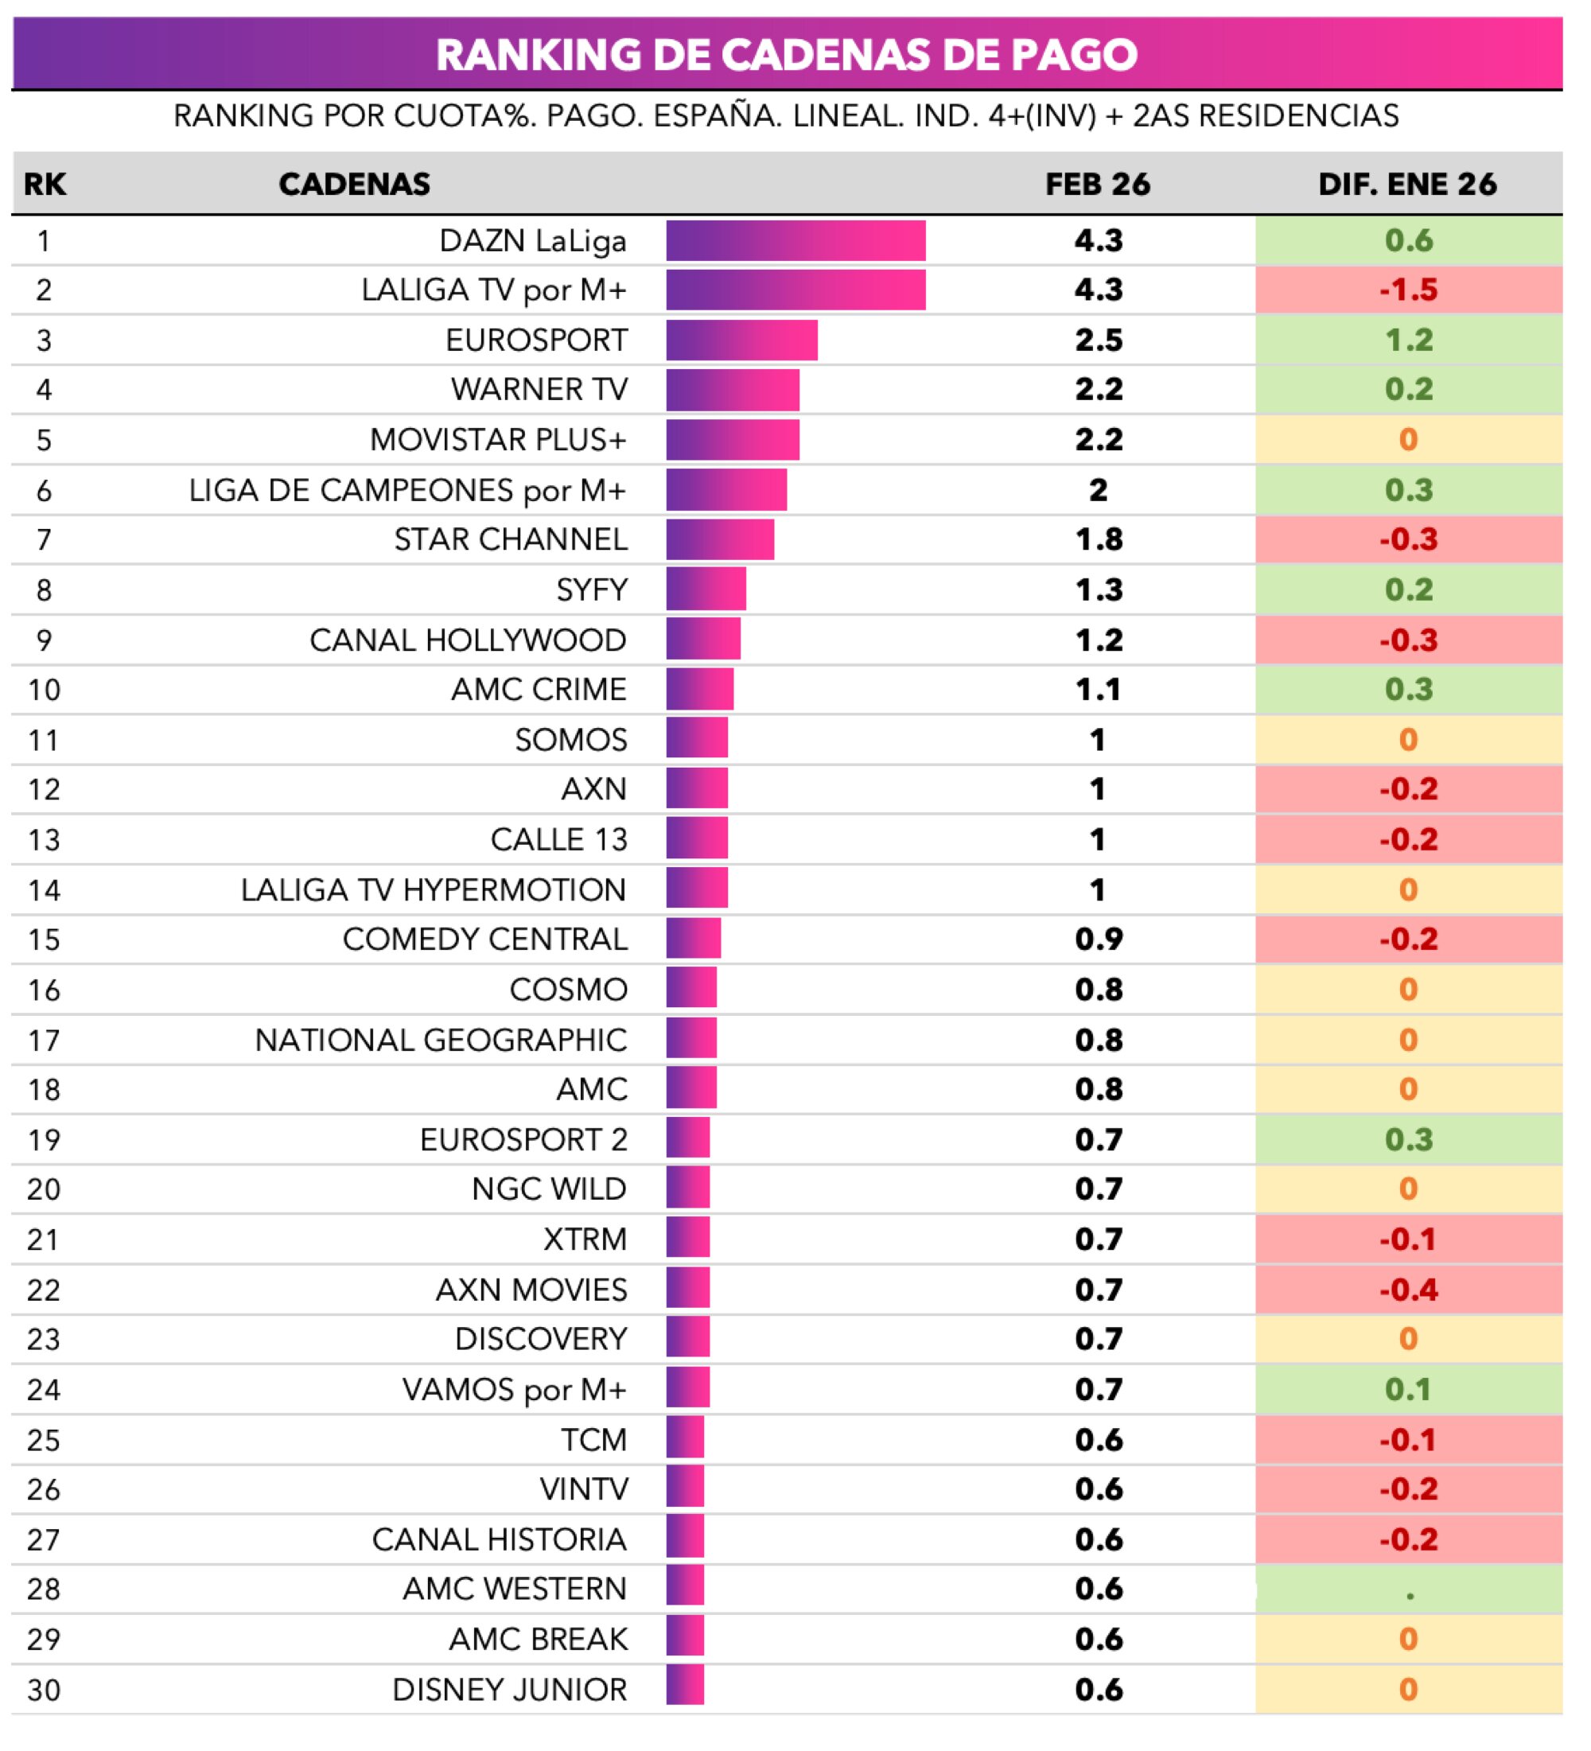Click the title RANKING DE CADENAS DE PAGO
coord(786,54)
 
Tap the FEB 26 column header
coord(1097,184)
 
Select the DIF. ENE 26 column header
coord(1407,184)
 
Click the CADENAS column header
coord(354,184)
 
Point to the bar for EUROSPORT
coord(741,340)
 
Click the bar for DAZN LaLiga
coord(795,240)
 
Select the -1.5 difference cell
coord(1408,290)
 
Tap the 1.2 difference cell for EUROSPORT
coord(1408,340)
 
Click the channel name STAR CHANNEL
coord(510,539)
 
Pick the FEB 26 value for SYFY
coord(1098,590)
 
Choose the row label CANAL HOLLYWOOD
coord(467,640)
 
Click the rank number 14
coord(44,890)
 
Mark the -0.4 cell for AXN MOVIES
coord(1408,1290)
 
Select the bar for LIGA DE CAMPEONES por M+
coord(726,490)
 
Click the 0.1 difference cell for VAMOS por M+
coord(1408,1390)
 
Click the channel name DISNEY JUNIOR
coord(509,1689)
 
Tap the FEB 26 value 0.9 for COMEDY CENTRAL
coord(1098,939)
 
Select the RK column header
coord(45,184)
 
